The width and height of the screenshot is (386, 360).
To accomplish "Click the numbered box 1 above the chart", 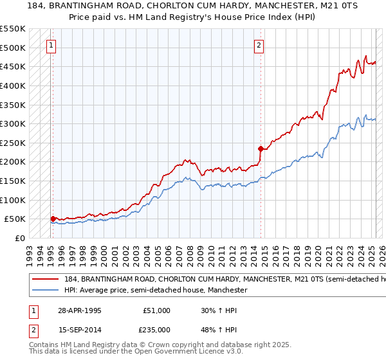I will tap(51, 45).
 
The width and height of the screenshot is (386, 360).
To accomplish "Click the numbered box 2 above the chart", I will tap(259, 45).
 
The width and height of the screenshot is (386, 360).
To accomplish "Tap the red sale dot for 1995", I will tap(53, 219).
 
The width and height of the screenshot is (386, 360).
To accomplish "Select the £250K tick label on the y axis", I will tap(13, 143).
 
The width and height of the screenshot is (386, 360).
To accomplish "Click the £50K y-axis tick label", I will tap(15, 219).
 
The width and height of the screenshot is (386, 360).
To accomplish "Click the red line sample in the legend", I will tap(44, 280).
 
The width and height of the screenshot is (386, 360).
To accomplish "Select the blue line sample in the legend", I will tap(44, 291).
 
